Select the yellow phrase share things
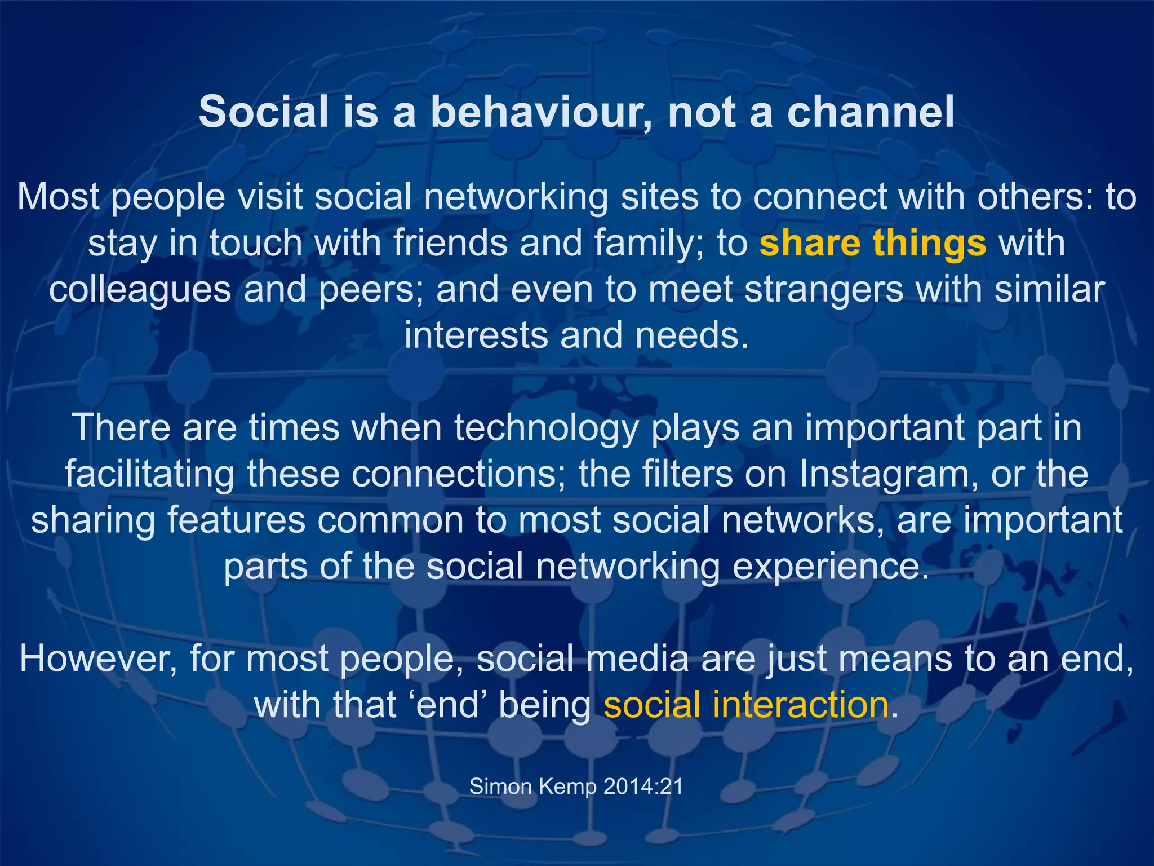click(x=872, y=244)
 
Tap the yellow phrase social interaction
click(x=746, y=705)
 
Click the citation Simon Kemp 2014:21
click(x=576, y=786)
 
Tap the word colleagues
click(x=140, y=290)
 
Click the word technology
click(x=546, y=428)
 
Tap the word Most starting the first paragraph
click(x=59, y=197)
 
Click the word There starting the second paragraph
click(x=121, y=428)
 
